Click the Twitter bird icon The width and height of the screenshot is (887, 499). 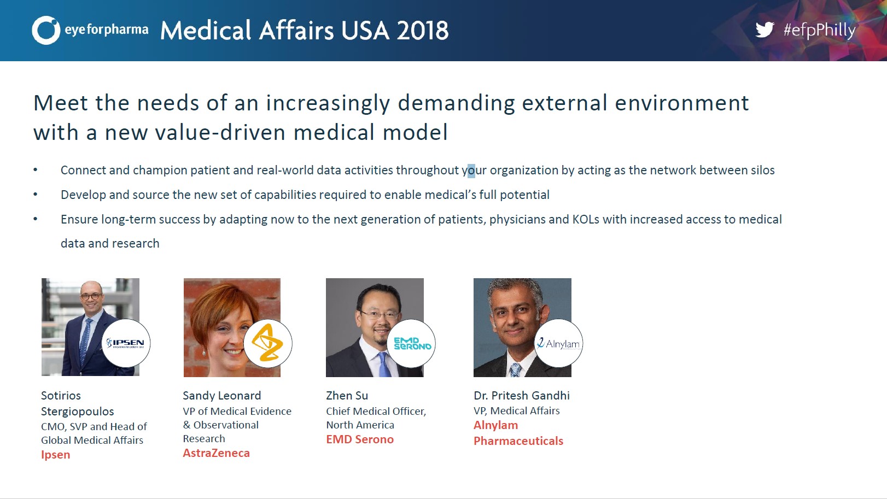click(x=765, y=30)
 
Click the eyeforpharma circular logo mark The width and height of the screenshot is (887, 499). click(x=46, y=30)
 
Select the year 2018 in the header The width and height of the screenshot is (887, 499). click(x=423, y=31)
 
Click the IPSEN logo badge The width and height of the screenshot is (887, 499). click(x=126, y=343)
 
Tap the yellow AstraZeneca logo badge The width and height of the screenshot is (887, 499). click(x=267, y=343)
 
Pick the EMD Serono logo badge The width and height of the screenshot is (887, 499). click(x=411, y=343)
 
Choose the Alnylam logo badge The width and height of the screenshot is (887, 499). click(x=558, y=343)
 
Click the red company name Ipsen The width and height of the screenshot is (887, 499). click(x=55, y=455)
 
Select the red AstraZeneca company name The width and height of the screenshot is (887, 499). click(x=216, y=453)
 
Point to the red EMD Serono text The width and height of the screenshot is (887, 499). click(x=360, y=439)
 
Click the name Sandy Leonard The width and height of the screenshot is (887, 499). click(x=222, y=395)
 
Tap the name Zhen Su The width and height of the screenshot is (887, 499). click(x=347, y=395)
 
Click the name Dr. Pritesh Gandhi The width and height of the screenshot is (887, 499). click(x=522, y=395)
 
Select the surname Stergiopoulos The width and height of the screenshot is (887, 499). click(x=78, y=412)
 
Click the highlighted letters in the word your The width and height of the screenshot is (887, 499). click(x=471, y=171)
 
